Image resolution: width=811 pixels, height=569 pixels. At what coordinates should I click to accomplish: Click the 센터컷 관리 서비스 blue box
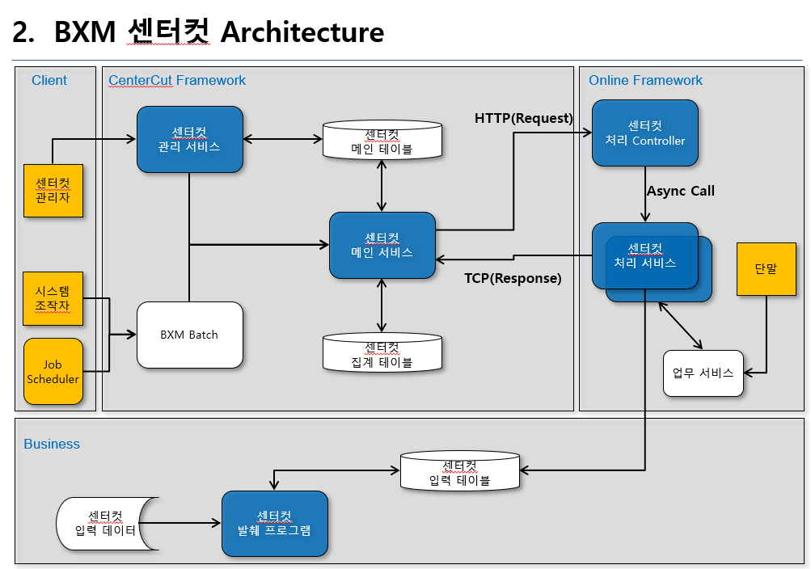tap(190, 139)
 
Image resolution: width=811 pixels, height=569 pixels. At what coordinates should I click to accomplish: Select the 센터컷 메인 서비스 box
tap(382, 245)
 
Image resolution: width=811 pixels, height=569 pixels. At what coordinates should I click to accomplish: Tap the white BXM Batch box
tap(190, 335)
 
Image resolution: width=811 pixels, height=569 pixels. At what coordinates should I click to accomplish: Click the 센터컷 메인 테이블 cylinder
tap(382, 141)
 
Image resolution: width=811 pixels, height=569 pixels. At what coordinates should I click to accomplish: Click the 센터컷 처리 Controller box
tap(644, 133)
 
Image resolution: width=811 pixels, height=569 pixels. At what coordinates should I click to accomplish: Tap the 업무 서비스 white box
tap(703, 373)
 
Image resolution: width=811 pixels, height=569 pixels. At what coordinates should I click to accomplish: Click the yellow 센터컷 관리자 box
tap(53, 190)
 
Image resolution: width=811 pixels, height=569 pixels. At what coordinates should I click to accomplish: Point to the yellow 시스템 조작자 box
tap(53, 297)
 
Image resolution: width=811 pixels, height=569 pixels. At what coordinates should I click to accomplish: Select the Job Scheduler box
tap(53, 372)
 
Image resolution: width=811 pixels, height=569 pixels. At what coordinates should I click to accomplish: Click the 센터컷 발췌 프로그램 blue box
tap(275, 524)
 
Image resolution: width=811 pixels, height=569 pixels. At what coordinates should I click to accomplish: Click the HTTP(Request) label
tap(523, 118)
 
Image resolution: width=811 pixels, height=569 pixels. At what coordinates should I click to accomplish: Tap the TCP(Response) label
tap(513, 278)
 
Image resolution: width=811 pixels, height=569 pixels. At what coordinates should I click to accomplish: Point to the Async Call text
tap(680, 191)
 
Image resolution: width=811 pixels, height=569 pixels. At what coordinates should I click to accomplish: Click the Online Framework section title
tap(645, 80)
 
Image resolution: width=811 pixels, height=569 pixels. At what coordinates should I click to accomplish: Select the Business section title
tap(52, 444)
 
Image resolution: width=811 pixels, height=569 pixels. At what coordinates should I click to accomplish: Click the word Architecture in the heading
tap(302, 32)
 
